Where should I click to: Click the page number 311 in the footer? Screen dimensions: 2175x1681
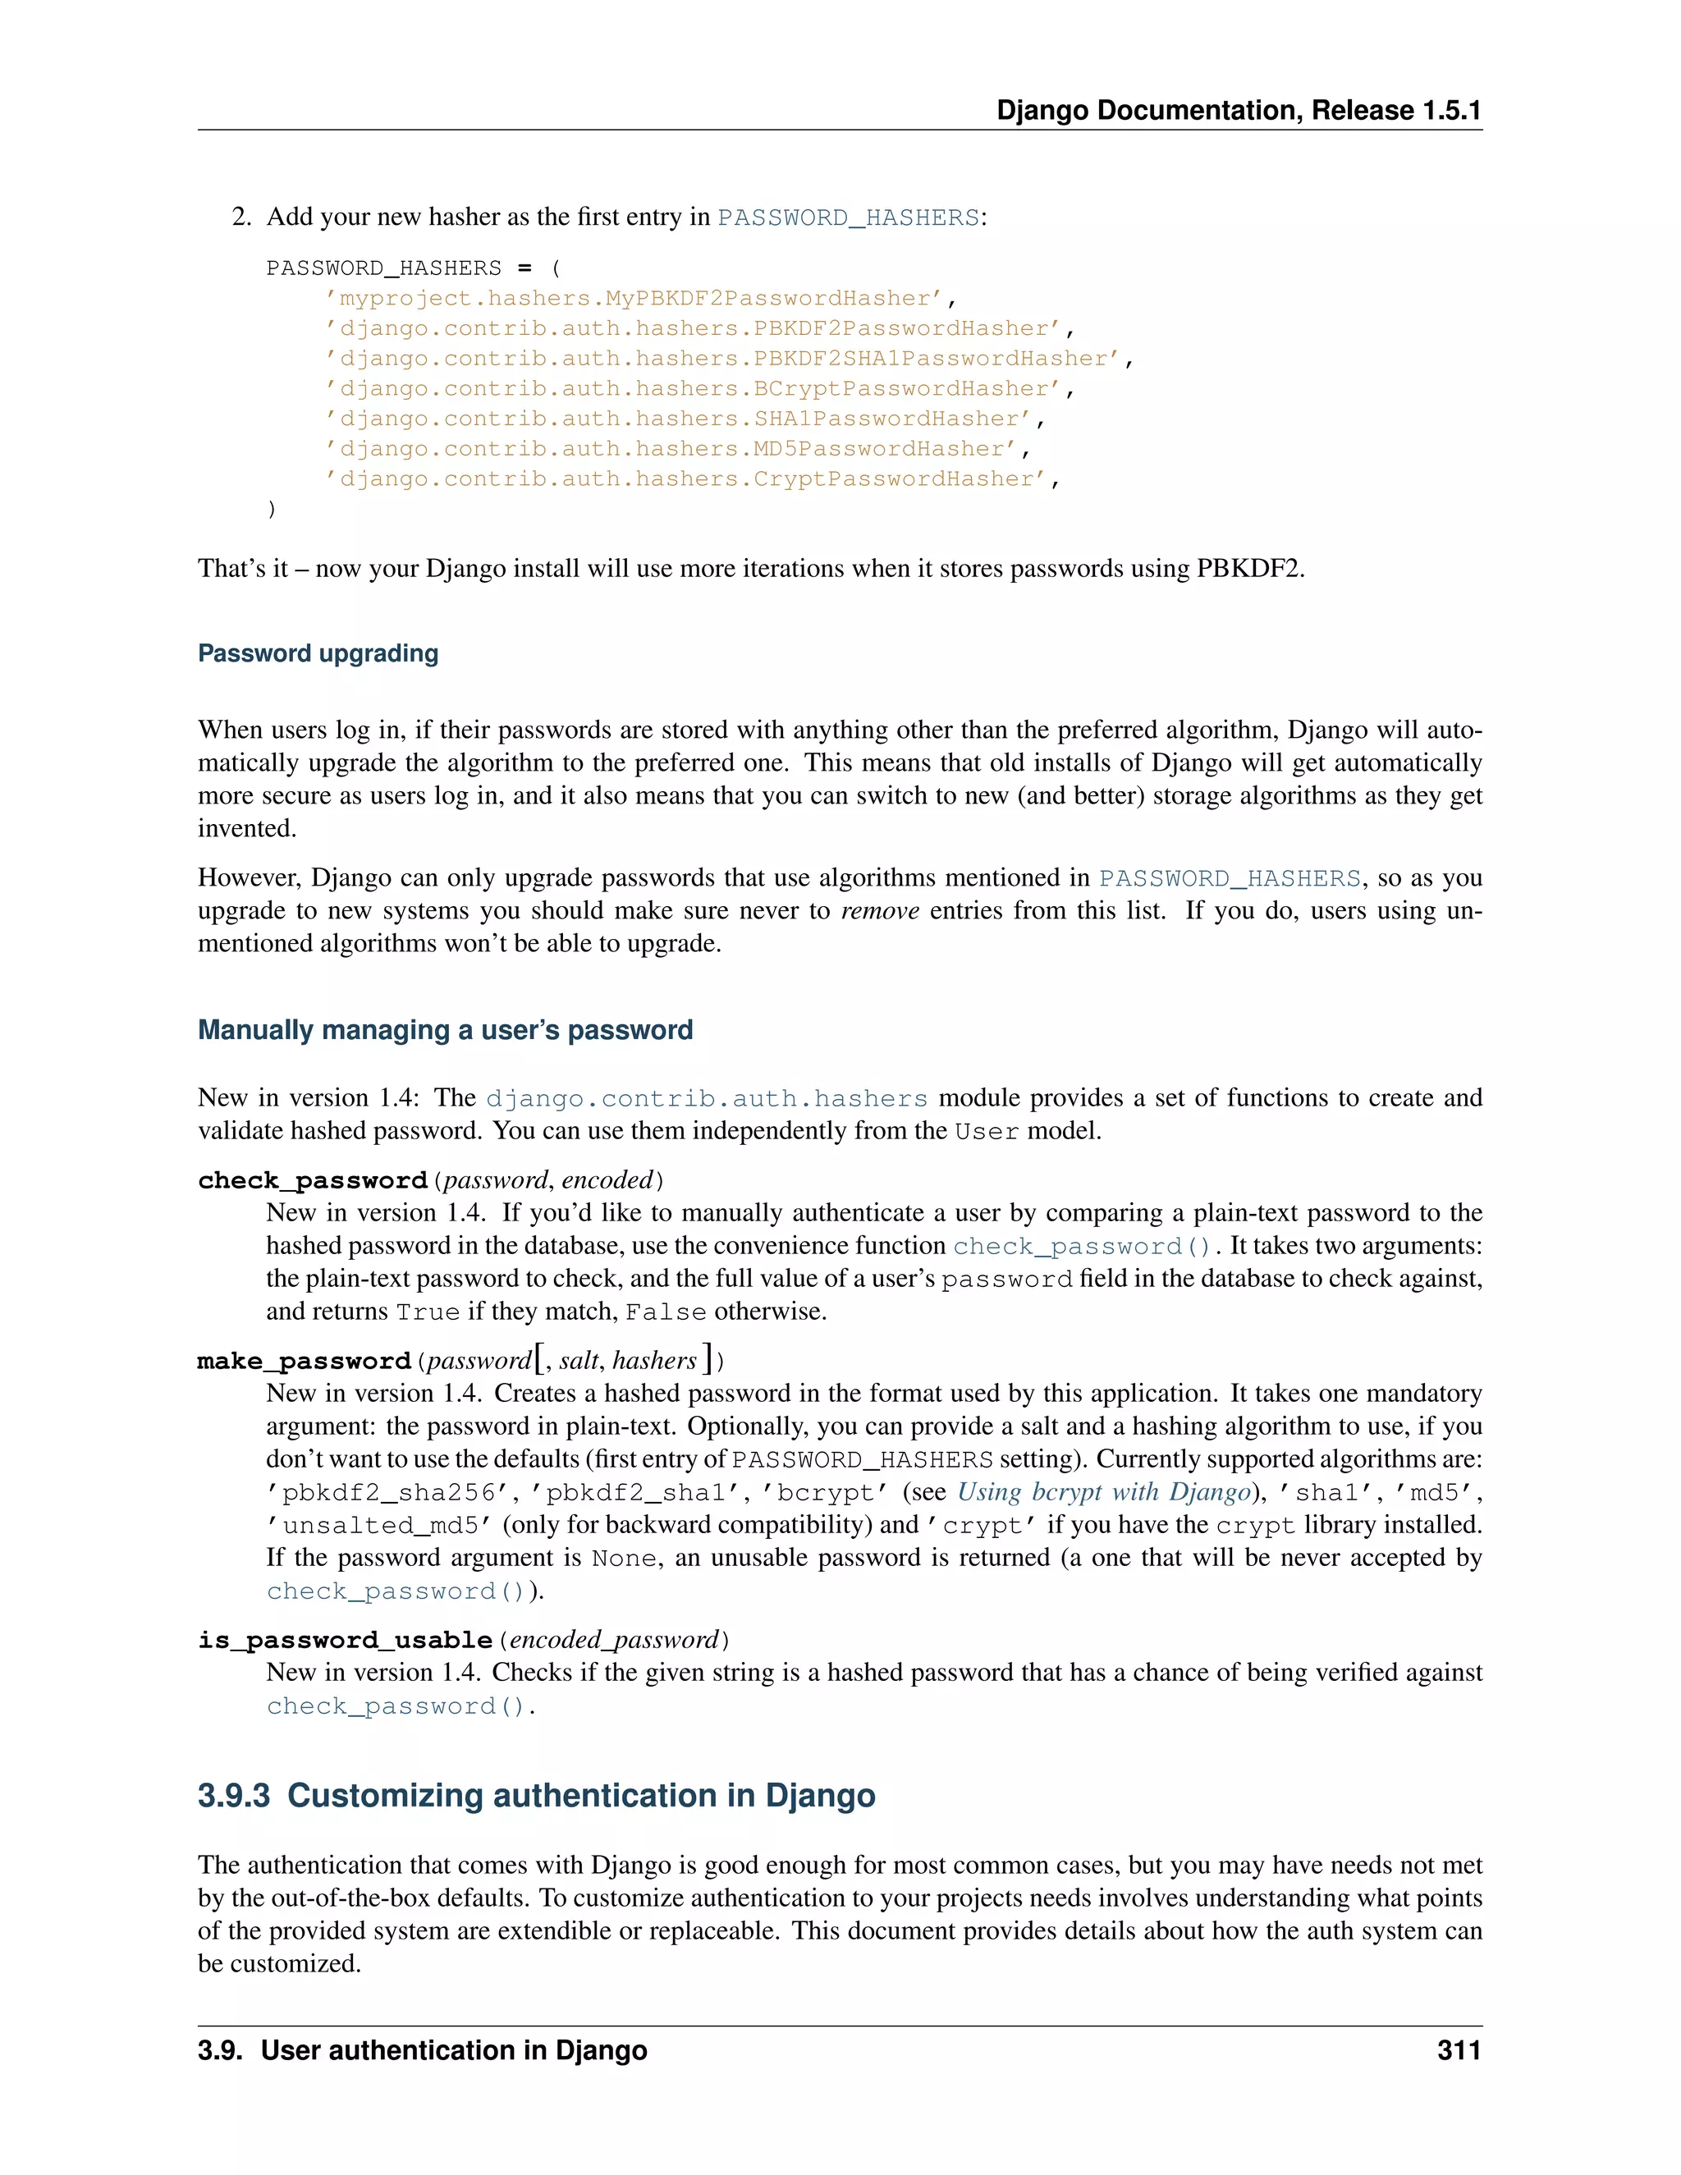(1458, 2050)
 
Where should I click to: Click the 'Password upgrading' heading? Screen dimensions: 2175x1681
(318, 653)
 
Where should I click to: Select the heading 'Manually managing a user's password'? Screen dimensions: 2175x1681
(445, 1030)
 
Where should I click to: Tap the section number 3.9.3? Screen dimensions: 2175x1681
(234, 1796)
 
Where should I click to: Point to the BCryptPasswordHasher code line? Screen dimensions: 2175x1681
(700, 389)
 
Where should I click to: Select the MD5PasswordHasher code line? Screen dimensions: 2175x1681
(677, 449)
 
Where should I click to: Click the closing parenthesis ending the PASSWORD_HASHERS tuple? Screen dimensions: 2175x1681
(272, 510)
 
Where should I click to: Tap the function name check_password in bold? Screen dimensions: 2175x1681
(313, 1181)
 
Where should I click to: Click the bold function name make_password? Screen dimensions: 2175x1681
(305, 1362)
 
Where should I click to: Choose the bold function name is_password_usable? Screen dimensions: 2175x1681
(346, 1640)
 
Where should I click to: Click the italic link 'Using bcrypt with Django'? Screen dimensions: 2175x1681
(1103, 1492)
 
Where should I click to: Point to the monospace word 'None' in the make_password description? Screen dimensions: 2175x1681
(625, 1559)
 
